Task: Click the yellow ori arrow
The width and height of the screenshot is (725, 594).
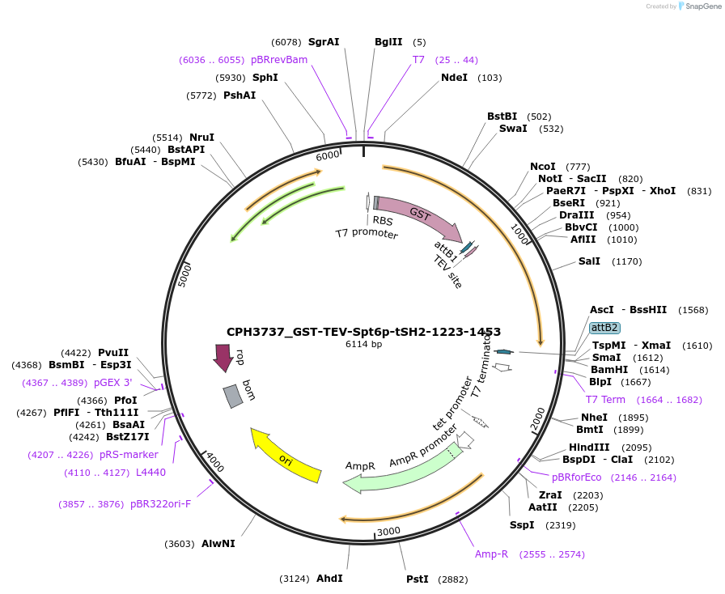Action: (284, 456)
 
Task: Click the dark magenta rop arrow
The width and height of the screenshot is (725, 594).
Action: (223, 357)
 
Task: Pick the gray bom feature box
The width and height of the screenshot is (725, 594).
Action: (233, 395)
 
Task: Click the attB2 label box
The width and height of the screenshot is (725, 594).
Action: (604, 328)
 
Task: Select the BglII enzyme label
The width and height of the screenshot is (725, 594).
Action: (388, 42)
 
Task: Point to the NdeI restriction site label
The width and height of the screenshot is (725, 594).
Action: (454, 78)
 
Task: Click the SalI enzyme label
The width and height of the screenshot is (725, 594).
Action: (589, 261)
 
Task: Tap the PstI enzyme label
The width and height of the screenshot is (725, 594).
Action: (418, 579)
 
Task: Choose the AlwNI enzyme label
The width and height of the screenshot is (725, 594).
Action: (218, 544)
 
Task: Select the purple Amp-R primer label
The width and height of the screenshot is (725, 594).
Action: (491, 554)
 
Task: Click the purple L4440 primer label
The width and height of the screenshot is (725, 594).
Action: (151, 473)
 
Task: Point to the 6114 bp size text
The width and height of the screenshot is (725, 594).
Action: (363, 345)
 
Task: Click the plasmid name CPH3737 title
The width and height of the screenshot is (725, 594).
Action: (363, 332)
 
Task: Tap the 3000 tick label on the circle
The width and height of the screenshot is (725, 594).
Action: (389, 531)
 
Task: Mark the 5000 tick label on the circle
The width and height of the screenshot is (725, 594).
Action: (184, 274)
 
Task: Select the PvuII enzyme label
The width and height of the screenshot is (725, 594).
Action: (113, 353)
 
